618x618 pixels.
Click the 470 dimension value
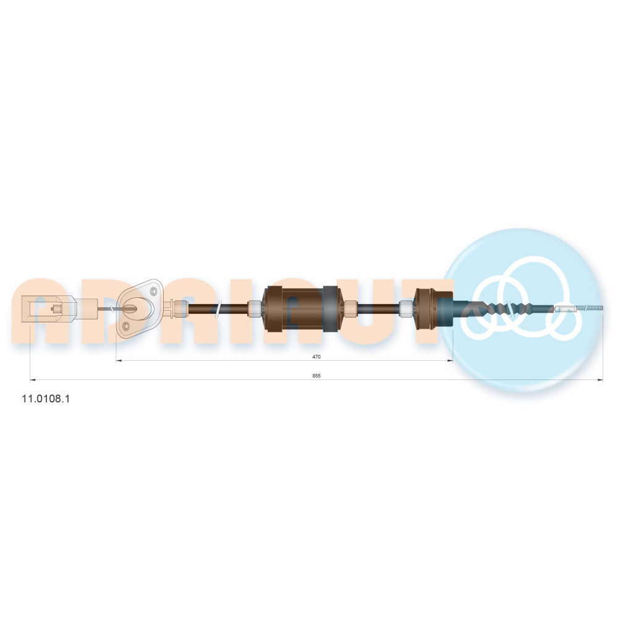[x=316, y=357]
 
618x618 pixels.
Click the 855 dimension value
[x=316, y=376]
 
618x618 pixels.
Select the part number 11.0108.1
[x=46, y=399]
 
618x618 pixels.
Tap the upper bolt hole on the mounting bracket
[x=154, y=291]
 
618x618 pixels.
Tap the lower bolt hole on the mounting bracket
[x=126, y=326]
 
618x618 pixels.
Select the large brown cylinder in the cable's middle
[x=303, y=308]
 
